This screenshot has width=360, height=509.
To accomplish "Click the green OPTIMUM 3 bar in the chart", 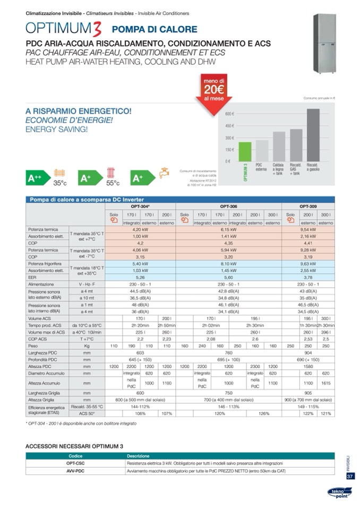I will tap(245, 151).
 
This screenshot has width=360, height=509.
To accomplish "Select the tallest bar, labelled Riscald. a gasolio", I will tap(313, 134).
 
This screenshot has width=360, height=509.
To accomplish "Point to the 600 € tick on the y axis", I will tap(230, 114).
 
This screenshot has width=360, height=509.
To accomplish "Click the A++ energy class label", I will tap(37, 179).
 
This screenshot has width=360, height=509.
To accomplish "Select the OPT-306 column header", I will tap(228, 206).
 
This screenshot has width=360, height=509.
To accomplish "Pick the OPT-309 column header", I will tap(308, 206).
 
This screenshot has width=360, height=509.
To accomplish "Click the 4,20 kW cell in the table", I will tap(140, 229).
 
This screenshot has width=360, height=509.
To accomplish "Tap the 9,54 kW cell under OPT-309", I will tap(308, 229).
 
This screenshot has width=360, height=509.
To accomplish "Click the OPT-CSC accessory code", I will tap(75, 463).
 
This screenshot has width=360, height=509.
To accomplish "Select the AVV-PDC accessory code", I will tap(75, 470).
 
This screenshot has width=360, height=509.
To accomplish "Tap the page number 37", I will tap(350, 476).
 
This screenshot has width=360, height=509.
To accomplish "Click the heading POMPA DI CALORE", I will tap(155, 30).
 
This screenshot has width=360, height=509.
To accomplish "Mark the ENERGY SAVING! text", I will tap(57, 129).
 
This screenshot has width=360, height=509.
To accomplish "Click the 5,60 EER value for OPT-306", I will tap(228, 277).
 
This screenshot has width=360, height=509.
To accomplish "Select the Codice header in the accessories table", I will tap(75, 455).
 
